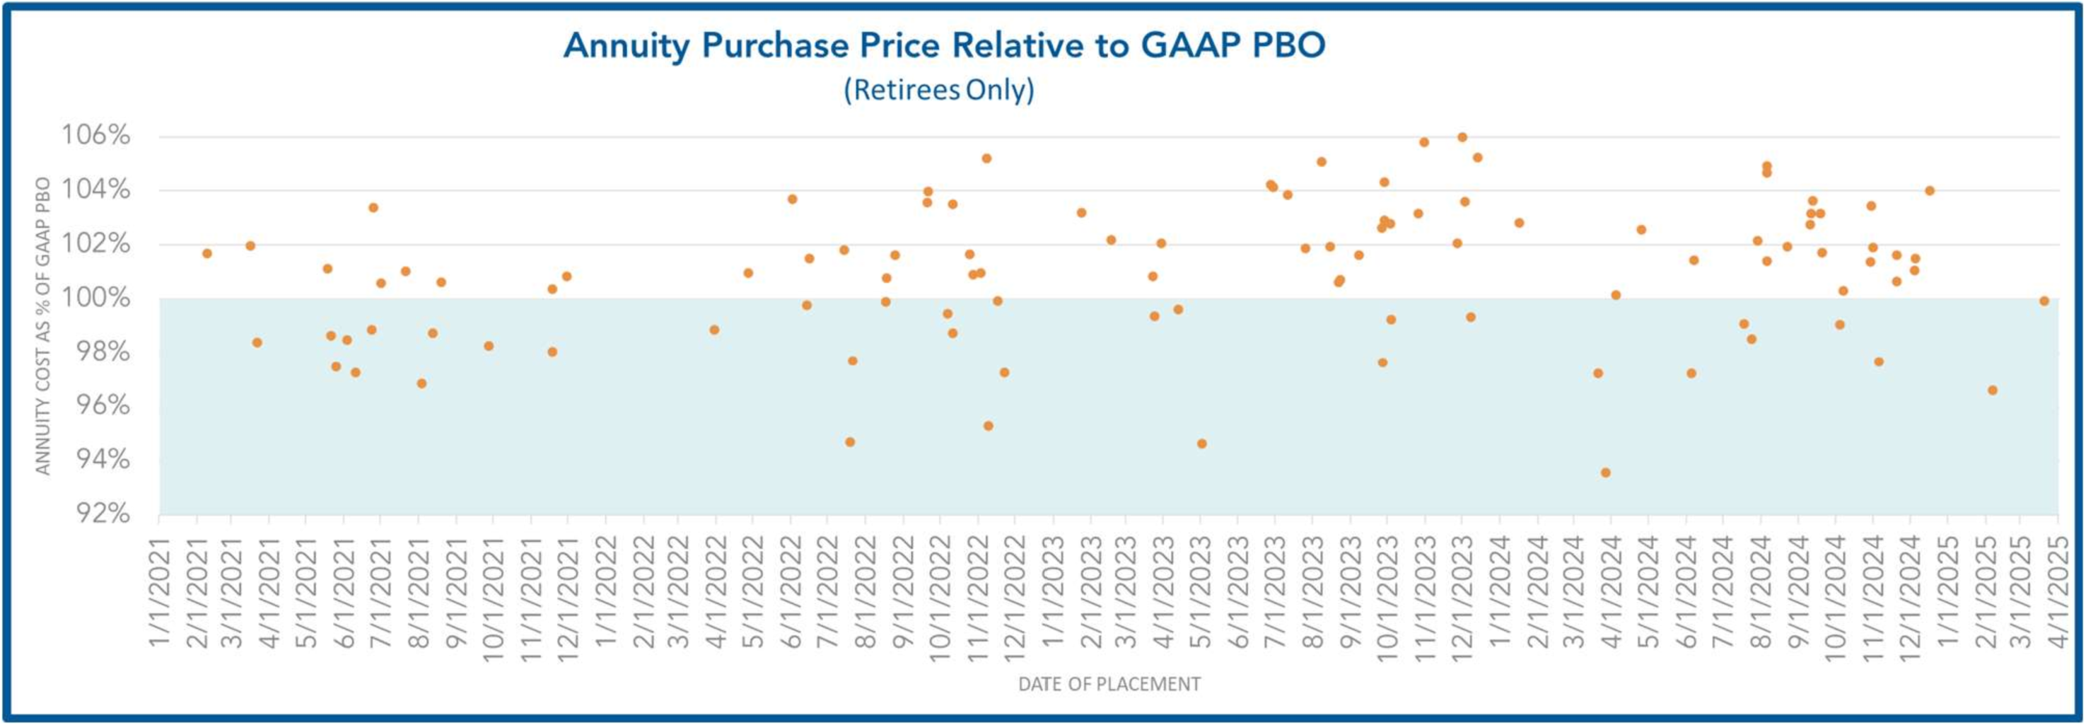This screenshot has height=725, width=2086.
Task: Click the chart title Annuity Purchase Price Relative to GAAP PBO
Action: click(x=944, y=45)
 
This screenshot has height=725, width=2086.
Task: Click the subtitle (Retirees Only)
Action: click(x=938, y=89)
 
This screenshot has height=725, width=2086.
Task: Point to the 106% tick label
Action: click(x=96, y=135)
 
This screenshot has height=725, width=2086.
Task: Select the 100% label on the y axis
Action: click(x=96, y=298)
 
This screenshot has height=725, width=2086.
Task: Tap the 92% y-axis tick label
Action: click(x=103, y=514)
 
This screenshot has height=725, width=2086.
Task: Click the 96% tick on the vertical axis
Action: click(x=103, y=405)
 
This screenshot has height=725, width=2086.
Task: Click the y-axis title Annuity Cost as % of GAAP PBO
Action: click(x=43, y=325)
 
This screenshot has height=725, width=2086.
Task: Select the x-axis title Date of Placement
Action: click(x=1109, y=685)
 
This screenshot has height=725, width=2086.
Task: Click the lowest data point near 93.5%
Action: click(x=1605, y=472)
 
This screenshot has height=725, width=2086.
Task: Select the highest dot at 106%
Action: click(x=1462, y=137)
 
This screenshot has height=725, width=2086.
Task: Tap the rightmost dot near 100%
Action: click(x=2044, y=301)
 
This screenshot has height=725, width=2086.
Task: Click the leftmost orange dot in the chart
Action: click(x=206, y=253)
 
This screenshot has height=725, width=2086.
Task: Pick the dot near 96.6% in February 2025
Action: click(x=1992, y=390)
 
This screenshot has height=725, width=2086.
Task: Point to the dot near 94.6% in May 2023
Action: click(x=1201, y=444)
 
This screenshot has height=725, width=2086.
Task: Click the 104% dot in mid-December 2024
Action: click(x=1930, y=191)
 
